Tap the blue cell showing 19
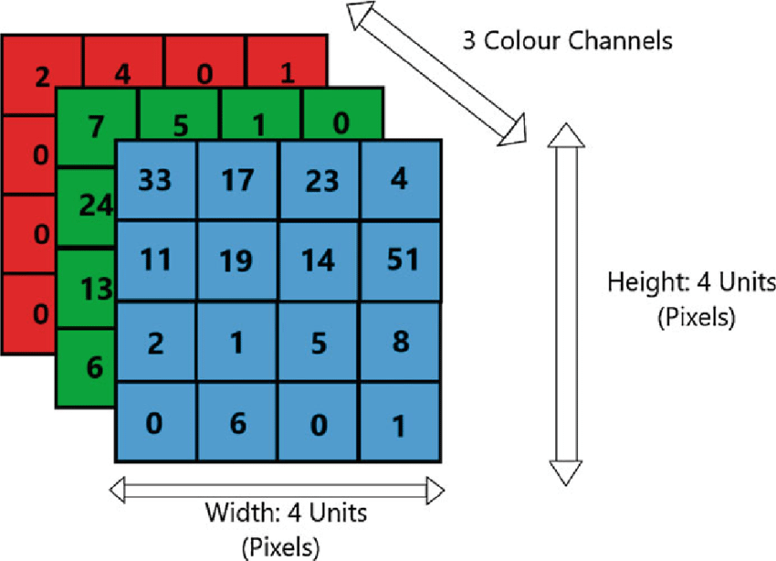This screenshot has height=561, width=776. [x=237, y=261]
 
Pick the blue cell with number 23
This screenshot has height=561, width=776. [x=320, y=181]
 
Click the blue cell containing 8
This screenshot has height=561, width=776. [x=400, y=342]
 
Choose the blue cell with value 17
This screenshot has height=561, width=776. [x=237, y=181]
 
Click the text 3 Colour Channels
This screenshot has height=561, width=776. [x=567, y=40]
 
